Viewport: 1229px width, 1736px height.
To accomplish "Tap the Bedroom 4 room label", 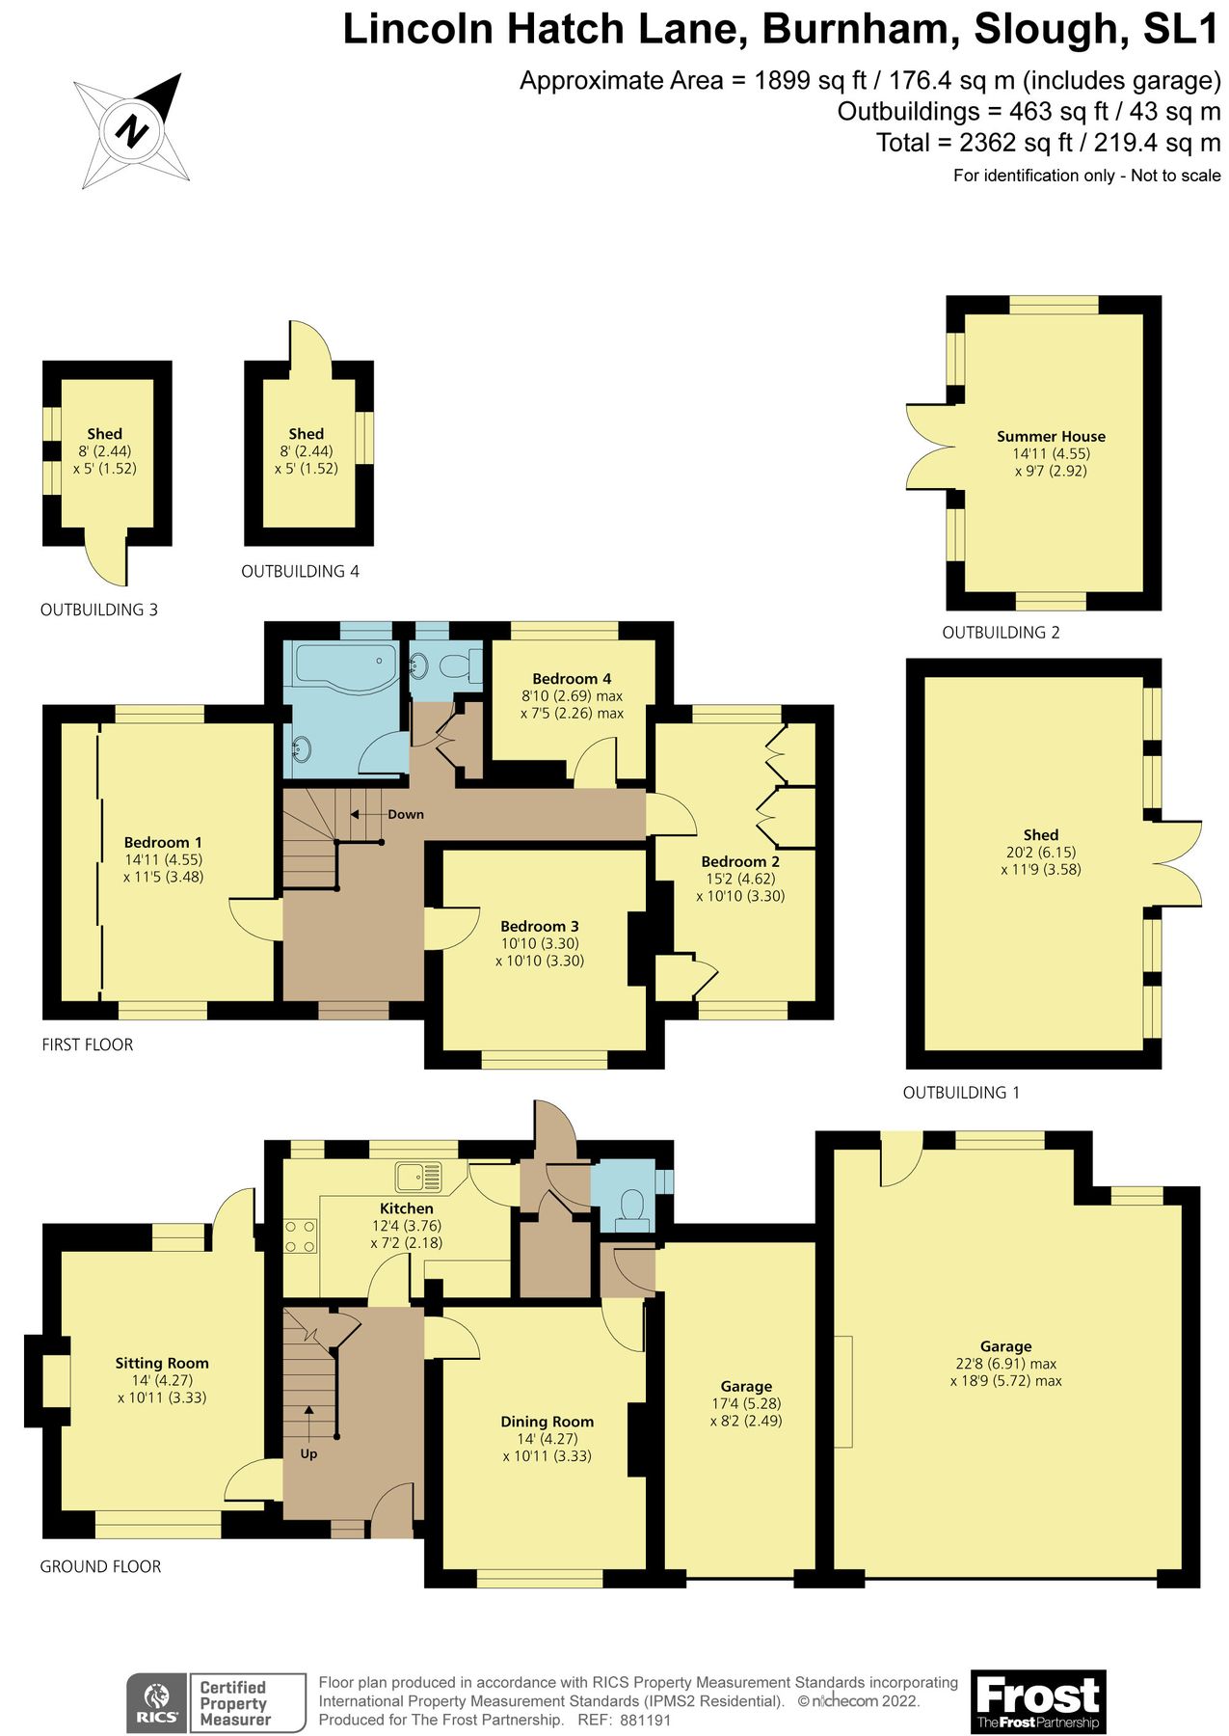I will pos(572,679).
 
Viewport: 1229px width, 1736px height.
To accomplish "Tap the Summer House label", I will pos(1051,436).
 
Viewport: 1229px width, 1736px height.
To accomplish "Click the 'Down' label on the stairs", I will pos(405,814).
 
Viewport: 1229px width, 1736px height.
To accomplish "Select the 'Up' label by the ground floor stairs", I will pos(308,1453).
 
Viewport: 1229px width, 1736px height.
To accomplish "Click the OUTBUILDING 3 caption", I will pos(98,610).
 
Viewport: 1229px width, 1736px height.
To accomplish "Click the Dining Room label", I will pos(547,1422).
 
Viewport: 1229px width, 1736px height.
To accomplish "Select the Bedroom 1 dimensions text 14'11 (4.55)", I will pos(163,859).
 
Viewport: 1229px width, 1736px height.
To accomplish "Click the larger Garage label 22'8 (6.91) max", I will pos(1005,1364).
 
